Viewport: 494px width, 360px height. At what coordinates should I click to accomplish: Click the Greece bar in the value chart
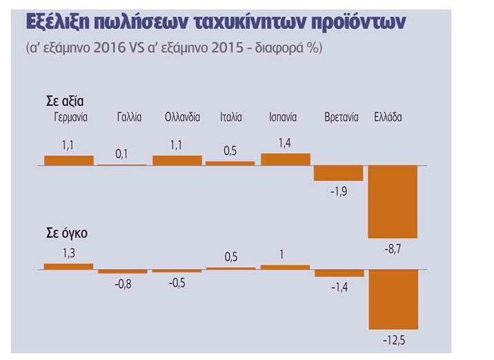click(393, 201)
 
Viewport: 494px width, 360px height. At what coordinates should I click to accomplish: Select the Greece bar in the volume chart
click(393, 299)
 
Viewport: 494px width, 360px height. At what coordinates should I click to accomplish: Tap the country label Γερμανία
click(70, 117)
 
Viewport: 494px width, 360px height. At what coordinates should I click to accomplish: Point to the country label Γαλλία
click(129, 117)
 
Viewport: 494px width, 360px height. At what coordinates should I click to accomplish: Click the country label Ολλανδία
click(182, 117)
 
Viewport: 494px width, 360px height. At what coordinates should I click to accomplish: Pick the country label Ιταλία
click(231, 117)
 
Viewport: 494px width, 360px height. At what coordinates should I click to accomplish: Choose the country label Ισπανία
click(283, 117)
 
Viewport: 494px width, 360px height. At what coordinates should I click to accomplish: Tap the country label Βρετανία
click(342, 117)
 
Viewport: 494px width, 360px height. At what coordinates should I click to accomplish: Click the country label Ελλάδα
click(388, 117)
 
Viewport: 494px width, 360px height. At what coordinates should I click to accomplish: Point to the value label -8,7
click(393, 250)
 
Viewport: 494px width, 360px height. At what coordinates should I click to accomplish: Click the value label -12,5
click(394, 341)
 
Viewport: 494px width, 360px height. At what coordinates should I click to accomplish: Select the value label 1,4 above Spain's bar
click(284, 143)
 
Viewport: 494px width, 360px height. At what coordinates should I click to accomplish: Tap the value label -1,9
click(339, 191)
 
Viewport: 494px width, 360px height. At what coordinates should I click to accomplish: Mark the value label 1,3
click(69, 253)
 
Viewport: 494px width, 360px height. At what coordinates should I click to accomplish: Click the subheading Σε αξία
click(65, 101)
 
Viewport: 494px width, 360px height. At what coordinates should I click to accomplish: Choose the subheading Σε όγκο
click(67, 233)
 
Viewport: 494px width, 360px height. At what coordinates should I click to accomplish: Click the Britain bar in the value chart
click(338, 173)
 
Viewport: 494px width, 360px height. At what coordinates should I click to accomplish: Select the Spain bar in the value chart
click(286, 159)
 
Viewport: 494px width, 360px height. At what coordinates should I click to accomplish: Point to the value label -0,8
click(123, 284)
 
